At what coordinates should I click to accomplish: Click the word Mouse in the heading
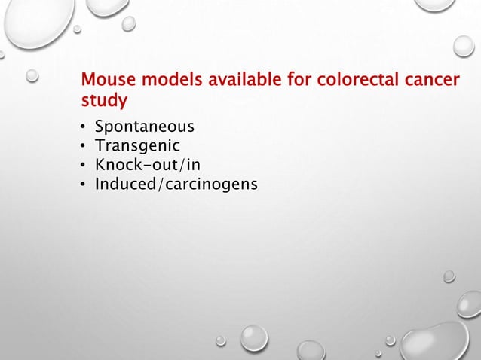(x=105, y=79)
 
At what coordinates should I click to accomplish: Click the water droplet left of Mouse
(x=33, y=75)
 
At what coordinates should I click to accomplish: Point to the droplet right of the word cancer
(x=464, y=47)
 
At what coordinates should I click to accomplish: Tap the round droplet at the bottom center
(x=253, y=338)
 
